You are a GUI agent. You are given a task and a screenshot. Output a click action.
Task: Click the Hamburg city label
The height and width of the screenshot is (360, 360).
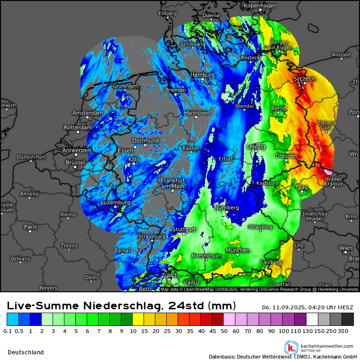tap(202, 75)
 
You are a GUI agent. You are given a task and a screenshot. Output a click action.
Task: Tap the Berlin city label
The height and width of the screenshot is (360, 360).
tap(279, 108)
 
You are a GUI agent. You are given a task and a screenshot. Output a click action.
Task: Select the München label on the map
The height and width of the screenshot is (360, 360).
tap(238, 250)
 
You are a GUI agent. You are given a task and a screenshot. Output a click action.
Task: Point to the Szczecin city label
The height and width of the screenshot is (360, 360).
tap(305, 79)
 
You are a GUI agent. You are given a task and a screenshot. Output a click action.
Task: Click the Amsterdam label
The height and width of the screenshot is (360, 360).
tap(88, 113)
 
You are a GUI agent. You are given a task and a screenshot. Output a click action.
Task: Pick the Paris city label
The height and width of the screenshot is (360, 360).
tap(30, 227)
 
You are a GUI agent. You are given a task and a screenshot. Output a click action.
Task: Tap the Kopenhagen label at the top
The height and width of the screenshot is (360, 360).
tap(260, 6)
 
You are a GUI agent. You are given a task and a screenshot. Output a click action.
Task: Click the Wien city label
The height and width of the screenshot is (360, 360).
tap(346, 248)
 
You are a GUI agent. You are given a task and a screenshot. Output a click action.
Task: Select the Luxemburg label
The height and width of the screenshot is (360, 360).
tap(115, 203)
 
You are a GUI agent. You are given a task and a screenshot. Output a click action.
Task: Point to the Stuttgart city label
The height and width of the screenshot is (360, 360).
tap(184, 229)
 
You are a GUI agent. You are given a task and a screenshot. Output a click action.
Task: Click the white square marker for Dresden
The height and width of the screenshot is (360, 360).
tap(287, 161)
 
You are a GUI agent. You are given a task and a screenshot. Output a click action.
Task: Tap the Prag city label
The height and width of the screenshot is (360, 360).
tap(302, 187)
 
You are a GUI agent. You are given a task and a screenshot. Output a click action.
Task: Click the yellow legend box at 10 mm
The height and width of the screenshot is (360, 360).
tap(138, 319)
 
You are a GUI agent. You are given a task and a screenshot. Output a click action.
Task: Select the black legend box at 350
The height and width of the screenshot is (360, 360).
tap(348, 319)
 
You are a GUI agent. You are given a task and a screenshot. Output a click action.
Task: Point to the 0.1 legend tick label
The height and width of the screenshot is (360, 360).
tap(8, 331)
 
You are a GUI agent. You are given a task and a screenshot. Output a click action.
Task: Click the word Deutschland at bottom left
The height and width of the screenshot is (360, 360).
tap(26, 352)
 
